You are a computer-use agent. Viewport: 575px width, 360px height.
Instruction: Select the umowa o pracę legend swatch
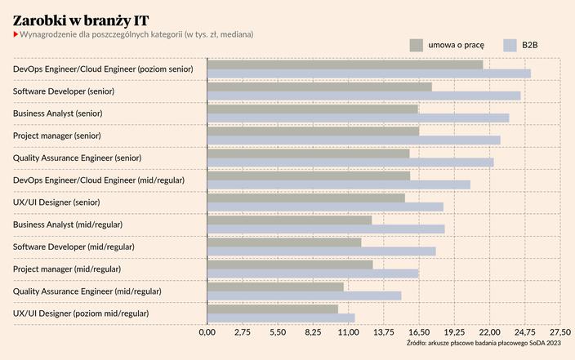(416, 46)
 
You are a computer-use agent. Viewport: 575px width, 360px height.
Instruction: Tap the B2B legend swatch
(511, 46)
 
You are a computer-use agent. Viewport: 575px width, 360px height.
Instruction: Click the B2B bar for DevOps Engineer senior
(368, 73)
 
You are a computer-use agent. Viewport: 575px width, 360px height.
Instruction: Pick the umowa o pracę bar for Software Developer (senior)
(319, 87)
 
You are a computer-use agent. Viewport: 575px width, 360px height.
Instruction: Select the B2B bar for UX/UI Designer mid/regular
(281, 318)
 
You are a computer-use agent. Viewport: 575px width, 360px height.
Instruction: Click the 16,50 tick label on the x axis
(418, 333)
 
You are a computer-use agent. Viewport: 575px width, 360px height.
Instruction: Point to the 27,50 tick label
(559, 333)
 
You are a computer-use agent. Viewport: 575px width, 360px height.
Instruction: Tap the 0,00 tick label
(207, 333)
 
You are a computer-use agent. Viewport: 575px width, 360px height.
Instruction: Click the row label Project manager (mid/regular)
(67, 269)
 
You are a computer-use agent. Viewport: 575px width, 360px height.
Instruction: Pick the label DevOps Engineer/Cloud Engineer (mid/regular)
(99, 180)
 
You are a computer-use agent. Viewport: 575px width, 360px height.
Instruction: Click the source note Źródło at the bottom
(484, 344)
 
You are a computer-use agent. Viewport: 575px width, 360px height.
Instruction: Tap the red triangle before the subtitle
(16, 34)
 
